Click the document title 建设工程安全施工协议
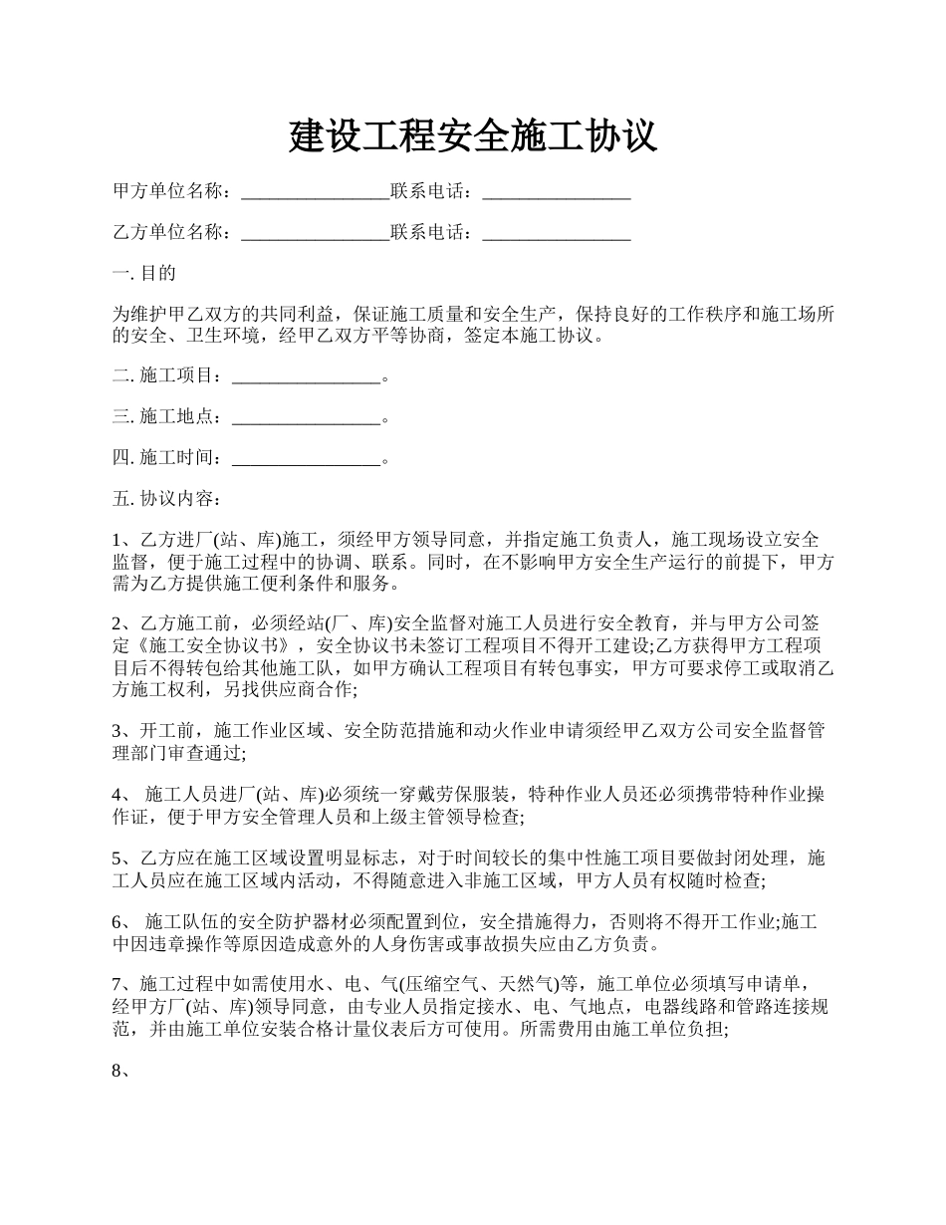pyautogui.click(x=473, y=135)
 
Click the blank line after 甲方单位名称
pyautogui.click(x=315, y=191)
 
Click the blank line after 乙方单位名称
pyautogui.click(x=315, y=232)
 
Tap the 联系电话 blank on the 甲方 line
pyautogui.click(x=557, y=191)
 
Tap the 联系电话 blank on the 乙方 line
pyautogui.click(x=557, y=232)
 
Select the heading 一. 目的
pyautogui.click(x=144, y=273)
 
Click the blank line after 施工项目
pyautogui.click(x=306, y=375)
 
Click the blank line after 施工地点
pyautogui.click(x=306, y=416)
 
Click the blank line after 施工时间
pyautogui.click(x=306, y=457)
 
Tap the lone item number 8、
pyautogui.click(x=122, y=1073)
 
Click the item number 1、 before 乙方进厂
pyautogui.click(x=122, y=540)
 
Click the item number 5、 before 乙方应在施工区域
pyautogui.click(x=122, y=858)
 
